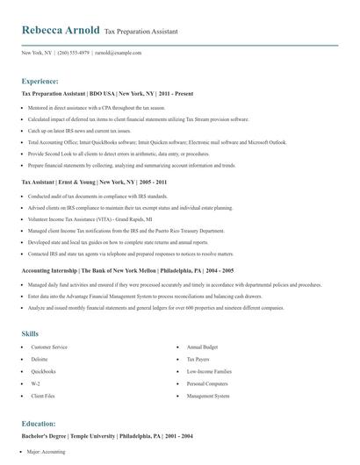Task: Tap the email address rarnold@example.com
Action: point(119,53)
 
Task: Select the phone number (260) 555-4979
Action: point(73,53)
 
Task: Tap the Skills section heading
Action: point(30,333)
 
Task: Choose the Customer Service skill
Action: point(48,347)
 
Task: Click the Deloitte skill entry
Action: point(40,360)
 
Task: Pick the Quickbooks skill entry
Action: point(43,372)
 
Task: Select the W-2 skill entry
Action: point(35,383)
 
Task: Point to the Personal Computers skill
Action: point(207,383)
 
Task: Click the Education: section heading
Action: point(39,423)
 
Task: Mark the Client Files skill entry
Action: point(43,396)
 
